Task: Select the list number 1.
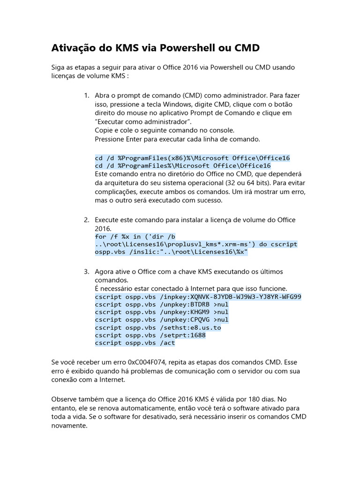pos(87,96)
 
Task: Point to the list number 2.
pos(87,220)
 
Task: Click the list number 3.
pos(87,272)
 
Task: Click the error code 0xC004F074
pos(140,362)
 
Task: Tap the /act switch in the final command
pos(167,343)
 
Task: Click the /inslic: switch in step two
pos(144,252)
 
